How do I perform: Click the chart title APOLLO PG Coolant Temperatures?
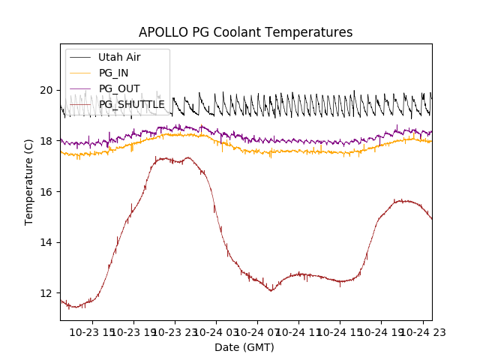pyautogui.click(x=245, y=32)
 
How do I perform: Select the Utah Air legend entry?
pyautogui.click(x=118, y=57)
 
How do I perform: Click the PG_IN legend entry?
pyautogui.click(x=113, y=73)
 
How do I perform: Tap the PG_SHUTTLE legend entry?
pyautogui.click(x=131, y=104)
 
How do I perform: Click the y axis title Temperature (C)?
pyautogui.click(x=29, y=181)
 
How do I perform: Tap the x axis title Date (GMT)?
pyautogui.click(x=244, y=347)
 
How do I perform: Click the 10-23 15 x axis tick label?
pyautogui.click(x=92, y=331)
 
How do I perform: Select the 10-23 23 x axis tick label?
pyautogui.click(x=175, y=331)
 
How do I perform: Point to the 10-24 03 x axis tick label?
pyautogui.click(x=216, y=331)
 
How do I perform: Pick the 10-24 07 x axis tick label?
pyautogui.click(x=257, y=331)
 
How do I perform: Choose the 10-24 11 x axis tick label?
pyautogui.click(x=298, y=331)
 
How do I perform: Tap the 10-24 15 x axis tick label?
pyautogui.click(x=340, y=331)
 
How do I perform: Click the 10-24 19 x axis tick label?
pyautogui.click(x=381, y=331)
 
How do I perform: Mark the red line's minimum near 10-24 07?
pyautogui.click(x=271, y=290)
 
